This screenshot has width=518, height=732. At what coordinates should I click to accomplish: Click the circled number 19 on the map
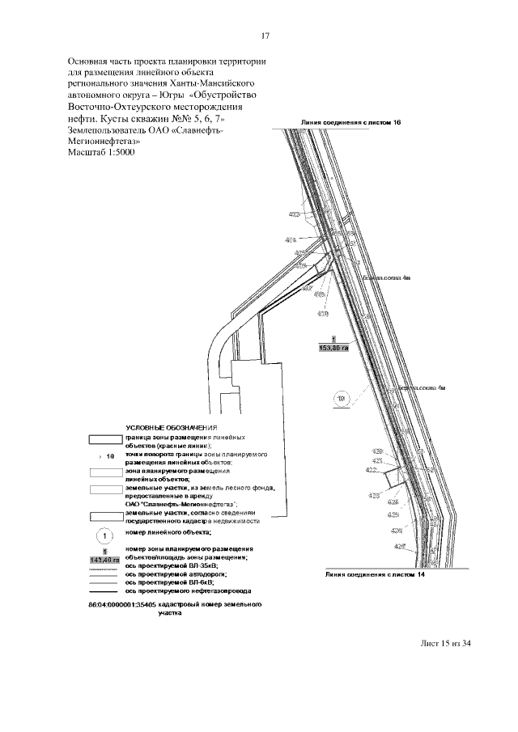click(x=342, y=398)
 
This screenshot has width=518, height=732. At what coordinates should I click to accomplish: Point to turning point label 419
click(x=322, y=313)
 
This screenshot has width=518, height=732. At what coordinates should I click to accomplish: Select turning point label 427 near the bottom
click(x=399, y=547)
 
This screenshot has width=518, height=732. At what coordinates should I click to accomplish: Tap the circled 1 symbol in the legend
click(x=104, y=535)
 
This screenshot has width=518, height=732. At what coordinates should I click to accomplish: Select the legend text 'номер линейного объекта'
click(x=168, y=532)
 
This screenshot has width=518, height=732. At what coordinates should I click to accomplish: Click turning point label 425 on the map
click(x=393, y=514)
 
